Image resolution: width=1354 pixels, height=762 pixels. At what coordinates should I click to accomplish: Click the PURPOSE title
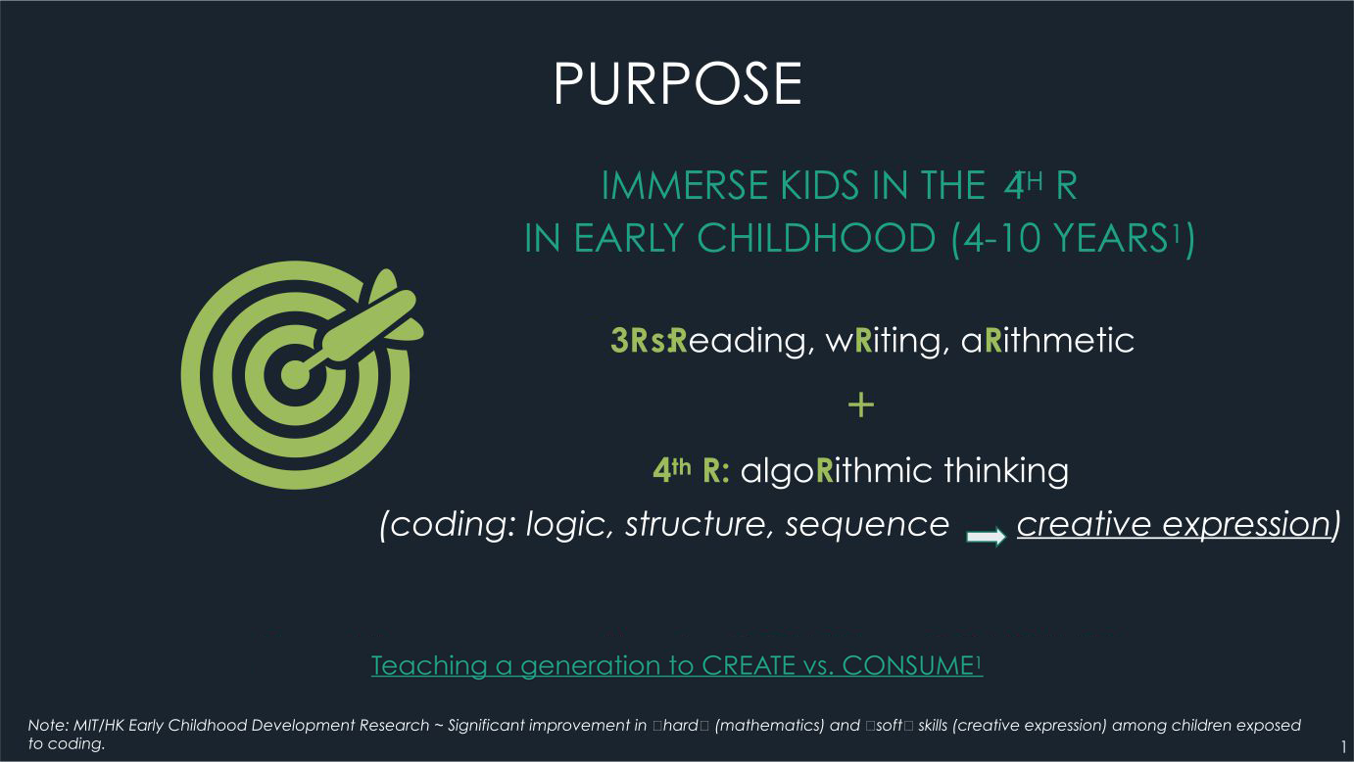[x=678, y=83]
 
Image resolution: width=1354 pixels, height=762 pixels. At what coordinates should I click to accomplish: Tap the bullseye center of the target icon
[x=295, y=375]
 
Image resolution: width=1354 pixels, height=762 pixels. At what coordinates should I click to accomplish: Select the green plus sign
[x=861, y=405]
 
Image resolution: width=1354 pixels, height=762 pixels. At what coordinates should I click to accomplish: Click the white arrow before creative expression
[x=986, y=536]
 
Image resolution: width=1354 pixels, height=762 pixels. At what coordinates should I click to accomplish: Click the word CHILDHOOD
[x=817, y=238]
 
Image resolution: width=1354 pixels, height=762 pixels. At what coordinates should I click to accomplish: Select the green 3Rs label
[x=639, y=340]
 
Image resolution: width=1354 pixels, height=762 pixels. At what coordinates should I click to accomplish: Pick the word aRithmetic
[x=1047, y=340]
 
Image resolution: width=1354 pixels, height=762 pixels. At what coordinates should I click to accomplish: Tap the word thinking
[x=1006, y=471]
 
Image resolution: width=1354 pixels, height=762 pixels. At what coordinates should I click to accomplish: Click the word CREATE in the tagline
[x=749, y=666]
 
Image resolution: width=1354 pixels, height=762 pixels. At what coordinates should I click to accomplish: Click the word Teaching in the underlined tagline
[x=429, y=666]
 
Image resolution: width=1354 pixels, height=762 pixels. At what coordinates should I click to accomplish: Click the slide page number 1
[x=1344, y=747]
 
